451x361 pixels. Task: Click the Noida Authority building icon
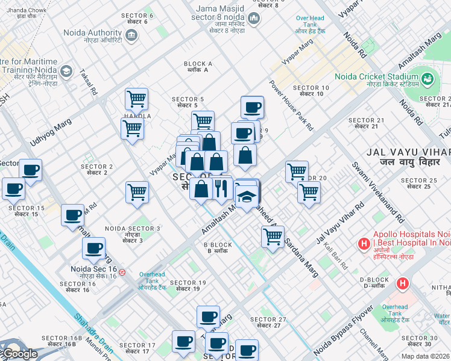(x=131, y=36)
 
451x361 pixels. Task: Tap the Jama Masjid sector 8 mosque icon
(x=254, y=19)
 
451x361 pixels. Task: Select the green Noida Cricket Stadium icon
(x=427, y=79)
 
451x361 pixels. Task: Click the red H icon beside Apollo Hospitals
(x=364, y=244)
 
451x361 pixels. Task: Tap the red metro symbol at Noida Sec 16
(x=122, y=272)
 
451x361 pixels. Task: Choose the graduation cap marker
(x=247, y=196)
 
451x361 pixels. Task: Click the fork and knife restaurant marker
(x=221, y=188)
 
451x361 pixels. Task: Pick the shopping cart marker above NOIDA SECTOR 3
(x=137, y=192)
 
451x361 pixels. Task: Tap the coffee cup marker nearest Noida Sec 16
(x=94, y=247)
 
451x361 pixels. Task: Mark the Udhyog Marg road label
(x=51, y=134)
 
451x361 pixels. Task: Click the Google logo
(x=19, y=354)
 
